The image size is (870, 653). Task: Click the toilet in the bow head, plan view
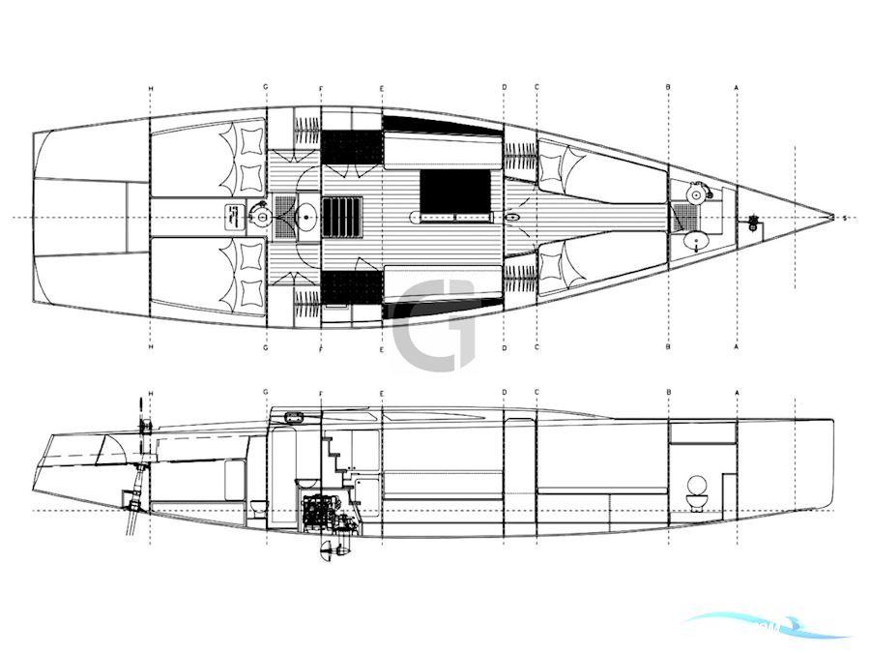click(x=693, y=196)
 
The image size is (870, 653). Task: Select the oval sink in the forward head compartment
click(x=693, y=238)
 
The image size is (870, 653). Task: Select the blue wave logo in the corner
click(x=764, y=626)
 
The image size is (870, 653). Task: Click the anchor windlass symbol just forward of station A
click(x=753, y=225)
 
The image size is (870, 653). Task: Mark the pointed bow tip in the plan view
click(x=833, y=218)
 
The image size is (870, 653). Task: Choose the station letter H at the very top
click(x=150, y=88)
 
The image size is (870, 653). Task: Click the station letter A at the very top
click(x=737, y=88)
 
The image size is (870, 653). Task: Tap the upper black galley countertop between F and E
click(x=351, y=148)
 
